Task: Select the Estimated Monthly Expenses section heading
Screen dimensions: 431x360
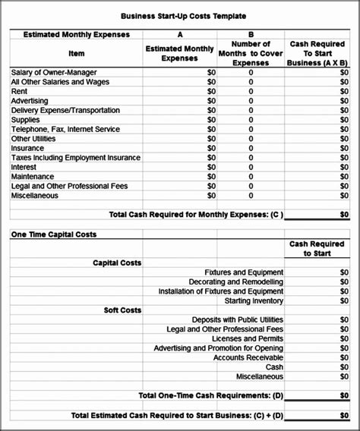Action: pyautogui.click(x=65, y=35)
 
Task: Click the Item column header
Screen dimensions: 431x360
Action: pyautogui.click(x=77, y=54)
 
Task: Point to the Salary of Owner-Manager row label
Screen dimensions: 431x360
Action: pyautogui.click(x=54, y=73)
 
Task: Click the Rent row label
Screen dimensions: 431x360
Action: pyautogui.click(x=19, y=91)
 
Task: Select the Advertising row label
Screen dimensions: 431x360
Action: pyautogui.click(x=30, y=101)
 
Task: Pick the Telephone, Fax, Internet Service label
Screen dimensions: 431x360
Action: pyautogui.click(x=65, y=129)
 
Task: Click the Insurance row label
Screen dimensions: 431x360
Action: pyautogui.click(x=27, y=149)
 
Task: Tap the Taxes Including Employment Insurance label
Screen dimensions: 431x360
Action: pyautogui.click(x=76, y=158)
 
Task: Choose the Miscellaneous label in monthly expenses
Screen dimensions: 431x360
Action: pyautogui.click(x=35, y=196)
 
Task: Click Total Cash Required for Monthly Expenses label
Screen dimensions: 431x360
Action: pyautogui.click(x=196, y=215)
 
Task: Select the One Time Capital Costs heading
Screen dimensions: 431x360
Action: pyautogui.click(x=53, y=234)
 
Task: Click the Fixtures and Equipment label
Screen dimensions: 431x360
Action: pyautogui.click(x=244, y=272)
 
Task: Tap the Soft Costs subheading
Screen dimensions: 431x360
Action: pyautogui.click(x=122, y=310)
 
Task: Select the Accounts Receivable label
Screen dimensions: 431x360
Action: pyautogui.click(x=248, y=357)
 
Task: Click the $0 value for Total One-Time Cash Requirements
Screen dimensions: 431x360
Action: pyautogui.click(x=344, y=396)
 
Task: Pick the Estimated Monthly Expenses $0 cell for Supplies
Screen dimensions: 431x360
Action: pyautogui.click(x=211, y=120)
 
